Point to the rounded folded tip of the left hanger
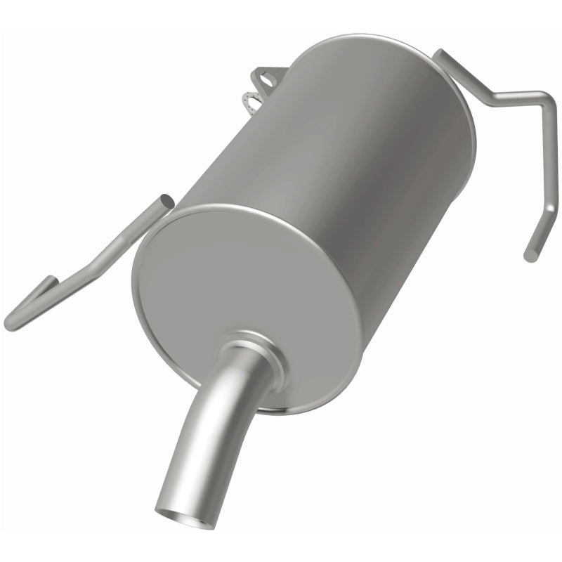tap(10, 324)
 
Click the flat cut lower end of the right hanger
tap(530, 256)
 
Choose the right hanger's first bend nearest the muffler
tap(485, 91)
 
